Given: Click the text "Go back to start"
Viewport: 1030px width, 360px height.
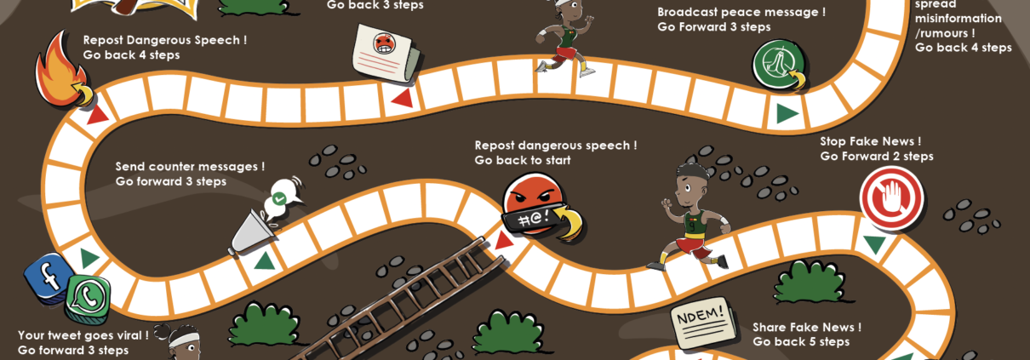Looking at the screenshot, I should (522, 160).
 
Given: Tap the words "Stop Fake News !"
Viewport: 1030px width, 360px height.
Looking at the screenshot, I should (870, 141).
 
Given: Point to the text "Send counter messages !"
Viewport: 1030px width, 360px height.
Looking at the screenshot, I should (190, 167).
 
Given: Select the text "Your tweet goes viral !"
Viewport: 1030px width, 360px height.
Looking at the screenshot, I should (83, 334).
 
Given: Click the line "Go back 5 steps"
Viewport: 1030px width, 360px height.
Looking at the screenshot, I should (800, 342).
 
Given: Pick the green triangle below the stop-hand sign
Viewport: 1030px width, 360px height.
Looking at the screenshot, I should (874, 245).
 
